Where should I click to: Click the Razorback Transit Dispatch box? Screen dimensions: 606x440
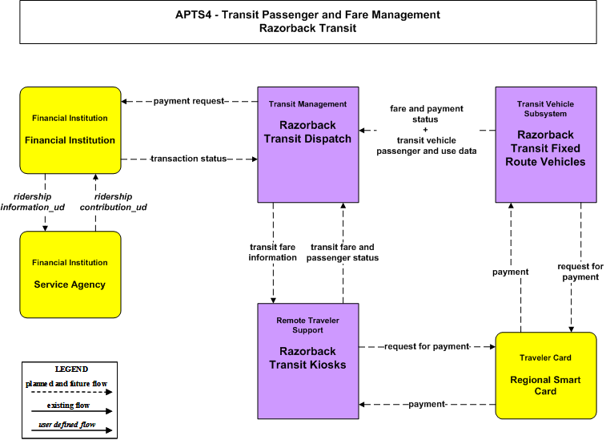tap(308, 144)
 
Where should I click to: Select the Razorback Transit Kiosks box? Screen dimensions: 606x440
tap(308, 361)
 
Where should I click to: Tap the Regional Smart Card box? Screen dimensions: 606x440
tap(546, 375)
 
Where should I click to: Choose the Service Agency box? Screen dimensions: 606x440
tap(70, 274)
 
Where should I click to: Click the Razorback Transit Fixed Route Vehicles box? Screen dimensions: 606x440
tap(546, 144)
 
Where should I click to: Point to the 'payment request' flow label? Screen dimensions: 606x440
tap(189, 101)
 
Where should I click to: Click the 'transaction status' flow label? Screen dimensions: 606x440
tap(189, 159)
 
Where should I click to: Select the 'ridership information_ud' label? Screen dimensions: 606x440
tap(33, 202)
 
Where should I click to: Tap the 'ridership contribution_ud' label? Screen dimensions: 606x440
tap(113, 202)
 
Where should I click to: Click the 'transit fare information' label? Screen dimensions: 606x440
tap(272, 252)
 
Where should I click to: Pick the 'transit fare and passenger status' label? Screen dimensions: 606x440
tap(343, 252)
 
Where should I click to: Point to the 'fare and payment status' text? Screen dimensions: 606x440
tap(427, 114)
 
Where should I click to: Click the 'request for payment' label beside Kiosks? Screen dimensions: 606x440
tap(427, 346)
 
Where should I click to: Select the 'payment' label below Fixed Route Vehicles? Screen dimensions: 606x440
tap(510, 272)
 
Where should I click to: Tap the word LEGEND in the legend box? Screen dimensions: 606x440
tap(71, 369)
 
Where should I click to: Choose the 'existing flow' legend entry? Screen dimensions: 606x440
tap(68, 406)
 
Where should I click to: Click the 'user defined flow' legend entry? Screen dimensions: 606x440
tap(67, 425)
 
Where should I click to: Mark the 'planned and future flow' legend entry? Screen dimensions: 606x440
tap(66, 384)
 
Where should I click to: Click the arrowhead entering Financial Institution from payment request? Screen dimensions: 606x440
tap(124, 102)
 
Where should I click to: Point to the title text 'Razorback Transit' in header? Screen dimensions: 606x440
tap(307, 28)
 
